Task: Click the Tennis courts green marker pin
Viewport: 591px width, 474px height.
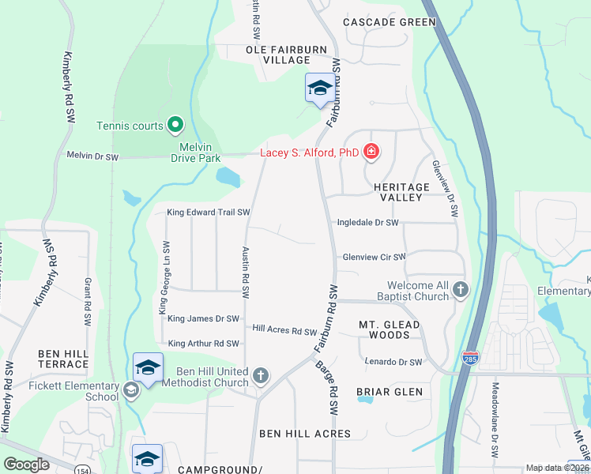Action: [x=175, y=125]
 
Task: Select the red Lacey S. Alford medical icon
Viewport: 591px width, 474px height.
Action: [x=371, y=152]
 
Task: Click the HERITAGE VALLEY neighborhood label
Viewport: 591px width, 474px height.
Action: [x=401, y=193]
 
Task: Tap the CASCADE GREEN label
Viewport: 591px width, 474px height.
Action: [x=390, y=22]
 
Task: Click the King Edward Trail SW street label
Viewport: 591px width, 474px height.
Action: [x=209, y=213]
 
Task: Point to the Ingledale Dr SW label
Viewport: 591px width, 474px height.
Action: [x=368, y=224]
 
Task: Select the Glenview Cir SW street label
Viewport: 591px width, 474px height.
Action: [x=373, y=257]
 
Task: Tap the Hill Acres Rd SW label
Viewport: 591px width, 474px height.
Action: [x=284, y=331]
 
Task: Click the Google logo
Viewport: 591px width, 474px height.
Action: [x=27, y=465]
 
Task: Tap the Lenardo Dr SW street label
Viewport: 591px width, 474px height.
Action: [x=393, y=362]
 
